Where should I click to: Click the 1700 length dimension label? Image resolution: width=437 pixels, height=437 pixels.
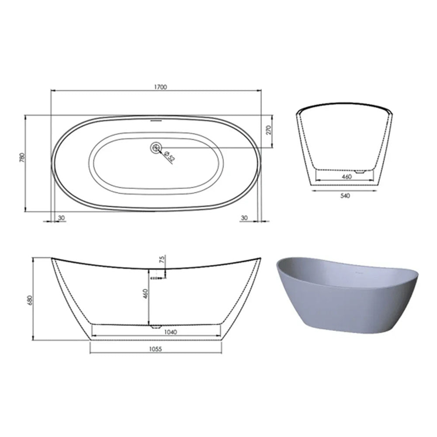pos(160,87)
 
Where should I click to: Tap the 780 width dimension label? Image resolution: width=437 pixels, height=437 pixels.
pos(22,158)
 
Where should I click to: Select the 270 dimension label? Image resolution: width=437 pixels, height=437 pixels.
pos(269,130)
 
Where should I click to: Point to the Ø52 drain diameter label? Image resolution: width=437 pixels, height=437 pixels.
pos(170,156)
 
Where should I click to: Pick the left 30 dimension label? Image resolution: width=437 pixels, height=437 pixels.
pos(61,218)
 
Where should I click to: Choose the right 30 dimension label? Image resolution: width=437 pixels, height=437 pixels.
pos(244,218)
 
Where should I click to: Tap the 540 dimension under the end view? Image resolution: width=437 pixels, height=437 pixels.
pos(345,196)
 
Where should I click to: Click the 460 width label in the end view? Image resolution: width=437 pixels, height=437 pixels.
pos(347,177)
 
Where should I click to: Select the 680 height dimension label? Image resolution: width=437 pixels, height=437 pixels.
pos(31,300)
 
